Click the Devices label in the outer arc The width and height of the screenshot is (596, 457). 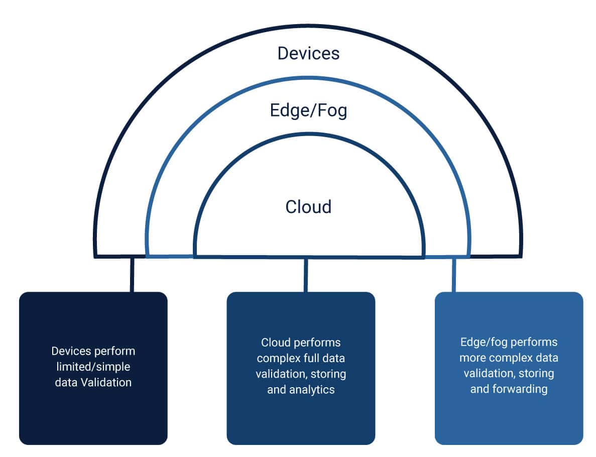(x=308, y=53)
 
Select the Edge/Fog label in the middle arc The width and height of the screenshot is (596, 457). (x=308, y=110)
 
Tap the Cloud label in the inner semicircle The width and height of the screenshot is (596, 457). (x=308, y=207)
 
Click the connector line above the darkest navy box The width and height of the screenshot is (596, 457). (x=132, y=275)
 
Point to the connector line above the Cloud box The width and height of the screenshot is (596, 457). (x=306, y=275)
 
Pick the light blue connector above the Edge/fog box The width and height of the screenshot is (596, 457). (x=454, y=275)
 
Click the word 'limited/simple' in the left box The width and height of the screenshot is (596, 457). (x=93, y=367)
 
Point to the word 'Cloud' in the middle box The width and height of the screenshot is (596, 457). (x=276, y=342)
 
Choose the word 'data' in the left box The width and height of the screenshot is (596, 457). (x=66, y=382)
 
